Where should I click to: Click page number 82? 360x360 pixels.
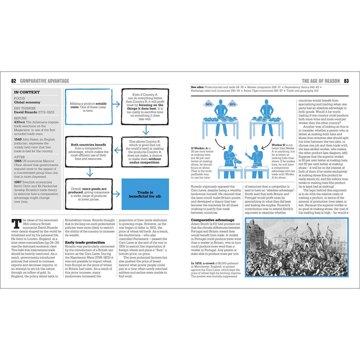point(14,81)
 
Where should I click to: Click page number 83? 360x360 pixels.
point(346,81)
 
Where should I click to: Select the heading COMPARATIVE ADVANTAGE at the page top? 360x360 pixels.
point(44,81)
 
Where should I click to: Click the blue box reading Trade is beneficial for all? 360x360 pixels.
point(145,194)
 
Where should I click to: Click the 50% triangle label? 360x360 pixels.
point(209,104)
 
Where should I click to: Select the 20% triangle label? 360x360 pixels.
point(233,104)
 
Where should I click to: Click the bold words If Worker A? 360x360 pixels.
point(199,149)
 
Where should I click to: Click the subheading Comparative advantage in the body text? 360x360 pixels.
point(205,219)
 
